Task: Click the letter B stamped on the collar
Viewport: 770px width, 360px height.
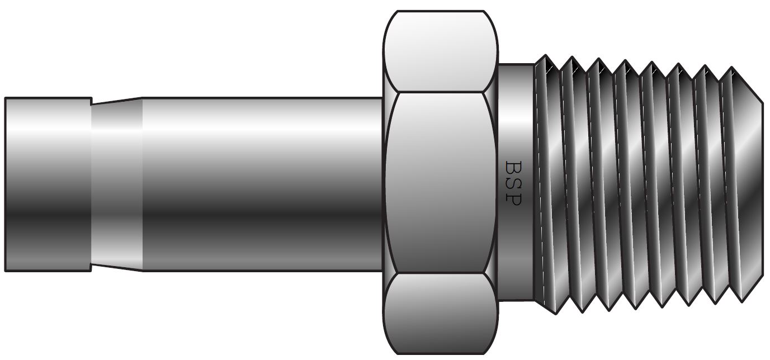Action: point(513,167)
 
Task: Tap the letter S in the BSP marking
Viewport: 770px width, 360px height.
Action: point(513,183)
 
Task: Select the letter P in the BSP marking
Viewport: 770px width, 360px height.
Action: point(513,198)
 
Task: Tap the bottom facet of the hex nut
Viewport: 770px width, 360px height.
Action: point(440,313)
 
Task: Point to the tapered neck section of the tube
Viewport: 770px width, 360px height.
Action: point(116,184)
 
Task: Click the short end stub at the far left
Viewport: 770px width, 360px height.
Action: point(48,184)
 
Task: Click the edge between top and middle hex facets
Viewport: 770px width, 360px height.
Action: point(440,92)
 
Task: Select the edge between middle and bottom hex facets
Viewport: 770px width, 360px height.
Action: point(440,273)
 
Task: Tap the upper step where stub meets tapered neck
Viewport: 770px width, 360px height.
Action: point(92,101)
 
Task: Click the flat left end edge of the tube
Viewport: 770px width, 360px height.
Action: point(6,184)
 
